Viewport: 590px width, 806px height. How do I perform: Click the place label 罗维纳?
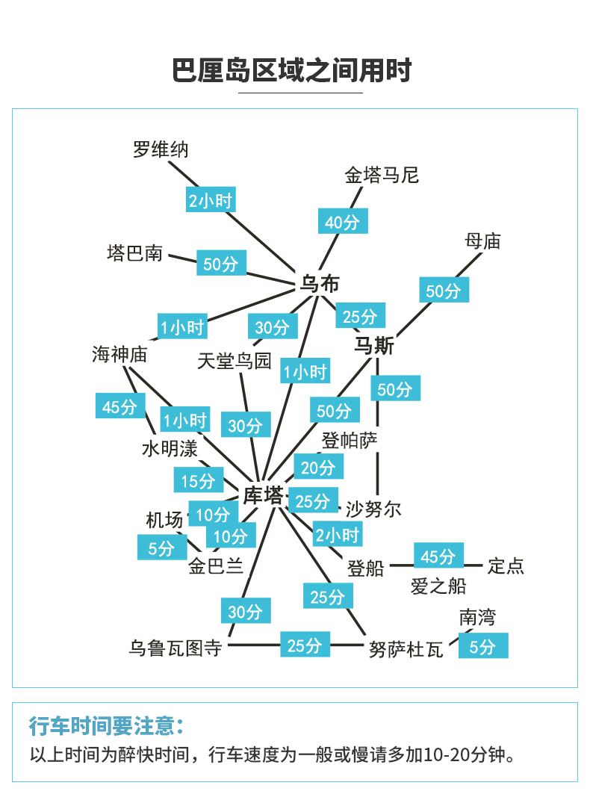[161, 149]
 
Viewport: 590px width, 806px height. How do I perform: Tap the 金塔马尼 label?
[382, 176]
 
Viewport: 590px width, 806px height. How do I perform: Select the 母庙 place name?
[482, 241]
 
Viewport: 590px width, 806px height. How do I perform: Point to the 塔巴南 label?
[134, 253]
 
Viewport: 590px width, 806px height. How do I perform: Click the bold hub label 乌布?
[320, 283]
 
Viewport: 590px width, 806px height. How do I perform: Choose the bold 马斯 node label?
[374, 345]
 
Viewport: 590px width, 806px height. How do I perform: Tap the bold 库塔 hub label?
[263, 495]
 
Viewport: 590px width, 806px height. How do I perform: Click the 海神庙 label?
[119, 354]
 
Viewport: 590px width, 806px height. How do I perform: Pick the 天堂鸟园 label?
[235, 361]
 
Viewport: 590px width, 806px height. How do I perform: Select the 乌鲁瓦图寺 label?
[176, 648]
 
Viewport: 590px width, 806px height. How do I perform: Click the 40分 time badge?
[343, 221]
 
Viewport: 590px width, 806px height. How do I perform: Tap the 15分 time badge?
[199, 480]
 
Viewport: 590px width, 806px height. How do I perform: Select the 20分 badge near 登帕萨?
[318, 467]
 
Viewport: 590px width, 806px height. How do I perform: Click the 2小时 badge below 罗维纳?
[211, 199]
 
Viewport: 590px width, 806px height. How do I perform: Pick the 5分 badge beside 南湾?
[483, 645]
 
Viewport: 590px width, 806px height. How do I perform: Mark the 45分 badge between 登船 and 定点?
[439, 555]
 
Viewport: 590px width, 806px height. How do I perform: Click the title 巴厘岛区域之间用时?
[292, 70]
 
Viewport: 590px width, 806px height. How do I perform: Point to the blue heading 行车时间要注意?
[106, 726]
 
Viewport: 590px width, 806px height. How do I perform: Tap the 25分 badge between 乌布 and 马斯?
[360, 316]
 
